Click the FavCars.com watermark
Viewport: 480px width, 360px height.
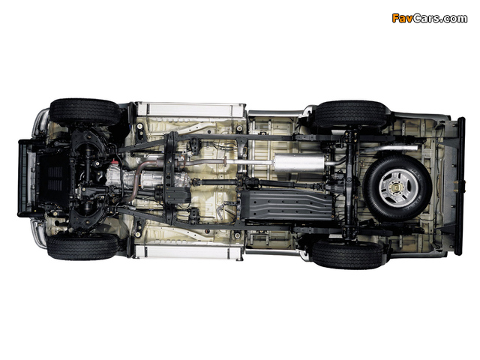coord(430,18)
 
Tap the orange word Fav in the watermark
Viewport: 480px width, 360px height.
coord(402,18)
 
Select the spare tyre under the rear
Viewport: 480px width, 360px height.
coord(397,187)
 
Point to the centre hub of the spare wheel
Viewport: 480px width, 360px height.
coord(397,187)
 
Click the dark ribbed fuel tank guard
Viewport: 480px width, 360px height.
coord(286,205)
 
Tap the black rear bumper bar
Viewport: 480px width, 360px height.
coord(460,186)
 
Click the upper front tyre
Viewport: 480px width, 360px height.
coord(85,112)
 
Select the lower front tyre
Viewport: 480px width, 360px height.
coord(82,247)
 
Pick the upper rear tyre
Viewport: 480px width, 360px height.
coord(349,114)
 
